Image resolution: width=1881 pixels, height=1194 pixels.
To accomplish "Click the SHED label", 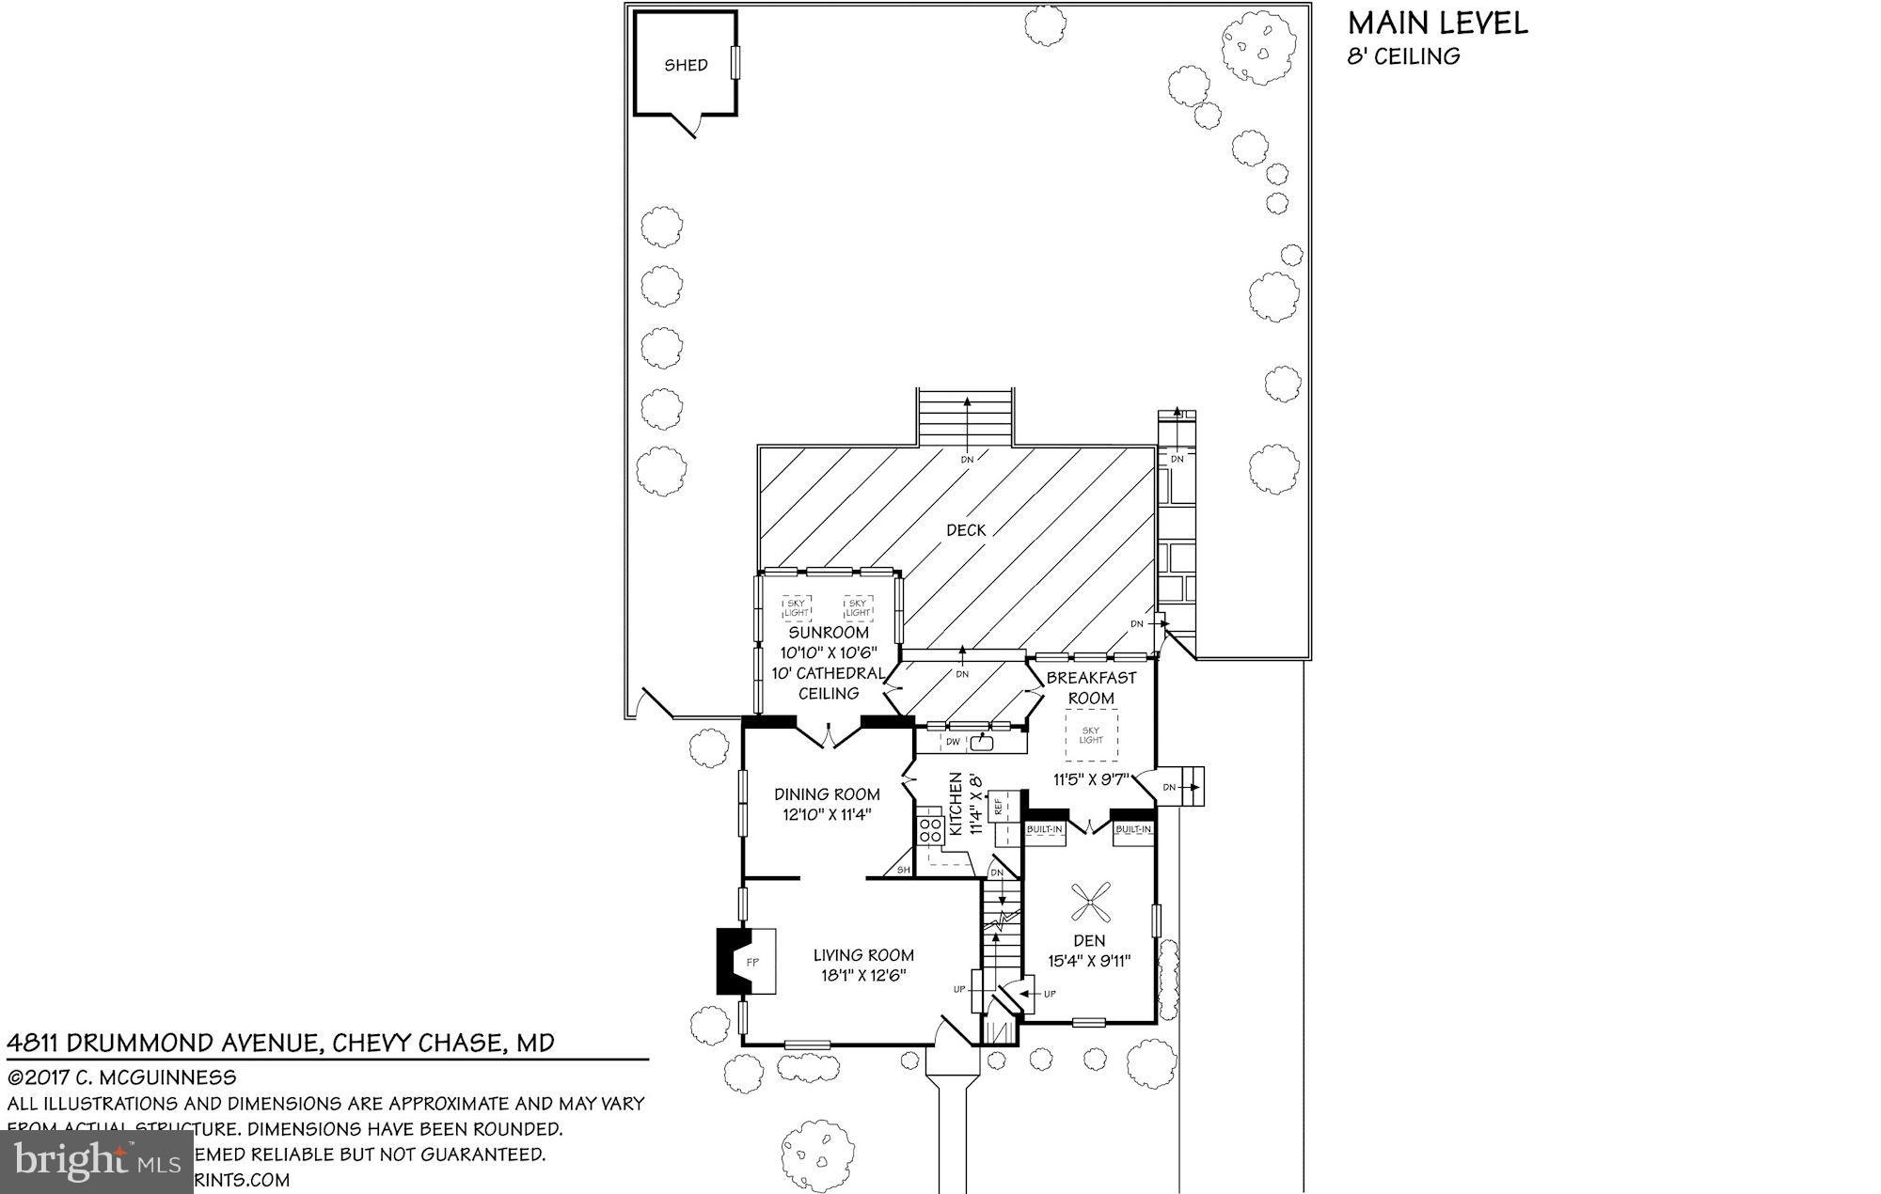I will tap(686, 66).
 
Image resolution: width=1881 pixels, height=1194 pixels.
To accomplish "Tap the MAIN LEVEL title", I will tap(1437, 23).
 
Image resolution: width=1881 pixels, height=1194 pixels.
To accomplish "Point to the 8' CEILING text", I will tap(1403, 56).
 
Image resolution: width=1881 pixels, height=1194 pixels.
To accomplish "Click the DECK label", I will tap(966, 530).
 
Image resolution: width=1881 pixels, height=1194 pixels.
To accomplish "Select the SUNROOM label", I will tap(828, 633).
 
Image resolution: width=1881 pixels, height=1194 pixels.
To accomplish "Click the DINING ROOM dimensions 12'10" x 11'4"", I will tap(827, 815).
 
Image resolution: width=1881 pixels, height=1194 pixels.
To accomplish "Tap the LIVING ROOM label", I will tap(862, 955).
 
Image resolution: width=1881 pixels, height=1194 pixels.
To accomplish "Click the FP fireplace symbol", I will tap(752, 962).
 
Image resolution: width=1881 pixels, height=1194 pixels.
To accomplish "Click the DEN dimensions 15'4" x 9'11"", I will tap(1089, 961).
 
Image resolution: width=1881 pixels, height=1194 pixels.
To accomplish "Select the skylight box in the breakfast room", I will tap(1091, 735).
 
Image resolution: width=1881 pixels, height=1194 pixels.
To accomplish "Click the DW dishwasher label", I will tap(953, 743).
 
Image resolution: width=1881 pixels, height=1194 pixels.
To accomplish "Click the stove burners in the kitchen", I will tap(931, 830).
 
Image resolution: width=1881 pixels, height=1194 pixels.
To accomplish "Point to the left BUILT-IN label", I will tap(1044, 829).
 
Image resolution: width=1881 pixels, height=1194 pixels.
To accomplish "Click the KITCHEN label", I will tap(956, 805).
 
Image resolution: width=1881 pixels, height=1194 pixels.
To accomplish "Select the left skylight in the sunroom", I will tap(797, 608).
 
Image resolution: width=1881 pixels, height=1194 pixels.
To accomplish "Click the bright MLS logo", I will tap(98, 1162).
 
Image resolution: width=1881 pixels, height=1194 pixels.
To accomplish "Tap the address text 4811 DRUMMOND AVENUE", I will tap(166, 1043).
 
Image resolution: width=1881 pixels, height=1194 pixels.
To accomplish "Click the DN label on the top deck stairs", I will tap(967, 459).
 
